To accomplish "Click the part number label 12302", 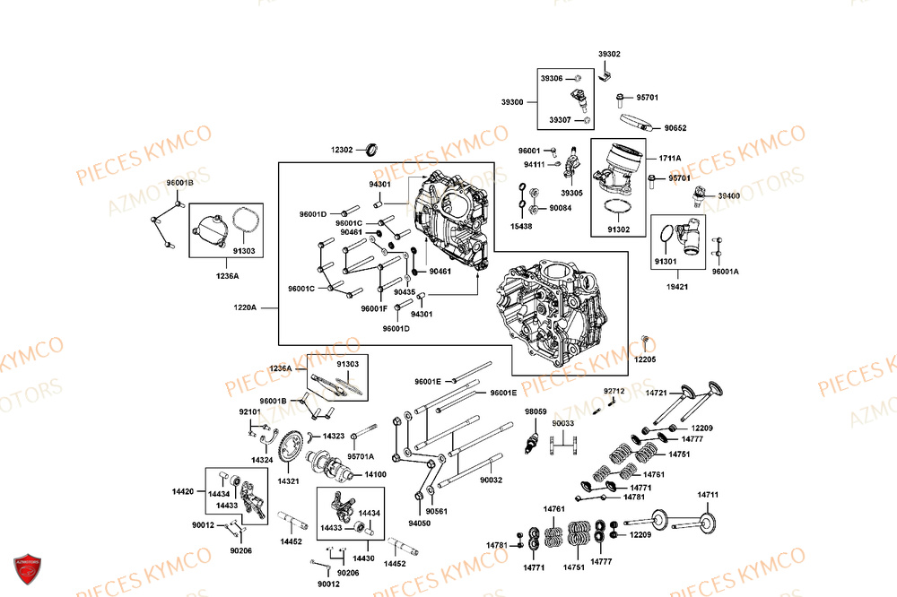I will point(342,150).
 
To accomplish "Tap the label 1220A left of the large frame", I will point(244,307).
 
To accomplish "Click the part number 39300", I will point(512,102).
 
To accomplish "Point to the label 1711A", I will point(670,158).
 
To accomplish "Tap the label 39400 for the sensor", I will point(729,195).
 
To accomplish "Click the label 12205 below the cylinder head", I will point(645,359).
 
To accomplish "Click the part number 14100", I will point(375,474).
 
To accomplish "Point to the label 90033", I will point(563,423).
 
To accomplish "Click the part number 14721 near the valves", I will point(657,393).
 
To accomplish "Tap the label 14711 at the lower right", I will point(709,494).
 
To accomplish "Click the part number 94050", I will point(419,523).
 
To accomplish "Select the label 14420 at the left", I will point(183,491).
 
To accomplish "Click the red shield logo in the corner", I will point(28,569).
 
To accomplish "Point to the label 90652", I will point(675,128).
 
